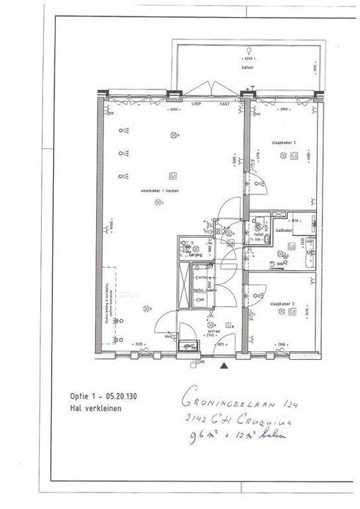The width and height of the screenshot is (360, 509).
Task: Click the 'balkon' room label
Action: point(247,68)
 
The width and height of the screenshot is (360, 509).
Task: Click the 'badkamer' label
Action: point(285,229)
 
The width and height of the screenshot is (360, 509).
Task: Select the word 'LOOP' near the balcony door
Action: point(197,104)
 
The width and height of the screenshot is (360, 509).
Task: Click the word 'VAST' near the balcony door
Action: point(224,104)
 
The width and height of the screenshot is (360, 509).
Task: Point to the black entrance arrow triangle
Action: point(224,366)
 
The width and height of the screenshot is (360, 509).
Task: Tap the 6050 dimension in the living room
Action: point(173,110)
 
